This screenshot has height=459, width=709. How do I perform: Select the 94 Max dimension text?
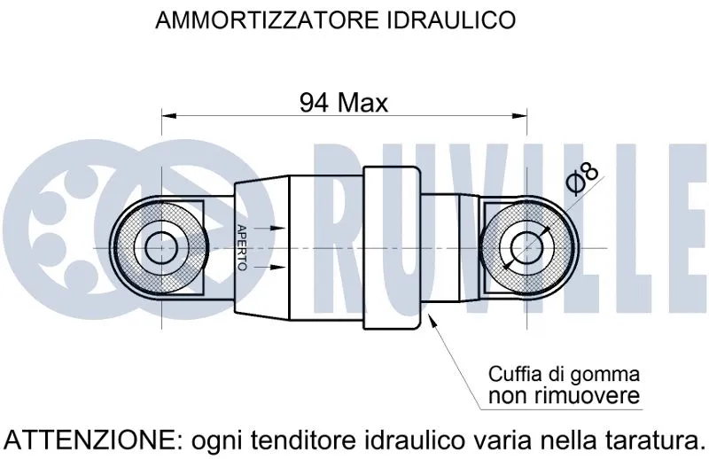[344, 103]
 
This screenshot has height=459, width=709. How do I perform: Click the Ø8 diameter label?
[582, 177]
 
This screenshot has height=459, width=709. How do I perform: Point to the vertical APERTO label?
[241, 247]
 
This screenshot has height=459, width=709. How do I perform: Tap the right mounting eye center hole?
[526, 247]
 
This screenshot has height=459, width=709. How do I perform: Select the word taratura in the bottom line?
[650, 439]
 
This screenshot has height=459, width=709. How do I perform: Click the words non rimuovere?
[564, 395]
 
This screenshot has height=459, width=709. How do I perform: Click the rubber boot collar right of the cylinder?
[392, 247]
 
